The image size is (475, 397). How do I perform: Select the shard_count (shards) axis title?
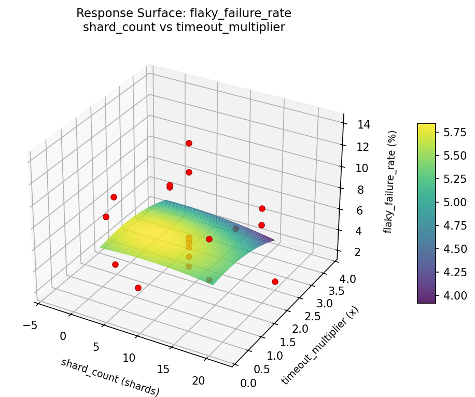click(110, 377)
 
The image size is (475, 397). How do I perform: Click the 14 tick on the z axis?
click(364, 124)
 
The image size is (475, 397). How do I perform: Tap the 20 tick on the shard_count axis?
click(199, 381)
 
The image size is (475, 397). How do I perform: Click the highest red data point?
click(189, 143)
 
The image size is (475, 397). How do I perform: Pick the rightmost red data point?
click(275, 281)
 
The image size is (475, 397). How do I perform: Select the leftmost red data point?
click(106, 217)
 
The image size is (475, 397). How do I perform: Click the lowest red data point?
click(138, 288)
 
